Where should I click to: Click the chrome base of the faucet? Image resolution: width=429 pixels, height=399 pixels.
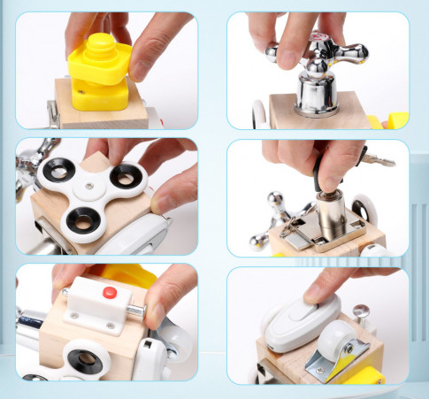point(318,96)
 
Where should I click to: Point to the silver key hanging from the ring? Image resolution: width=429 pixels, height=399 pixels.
point(376,161)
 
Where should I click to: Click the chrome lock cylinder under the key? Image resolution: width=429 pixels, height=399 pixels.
point(333,211)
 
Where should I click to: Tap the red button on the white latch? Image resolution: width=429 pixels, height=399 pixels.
point(111,292)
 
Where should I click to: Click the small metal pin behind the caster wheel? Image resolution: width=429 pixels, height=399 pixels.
point(360,311)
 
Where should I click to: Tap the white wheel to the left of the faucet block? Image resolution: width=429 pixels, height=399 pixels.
point(261,114)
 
